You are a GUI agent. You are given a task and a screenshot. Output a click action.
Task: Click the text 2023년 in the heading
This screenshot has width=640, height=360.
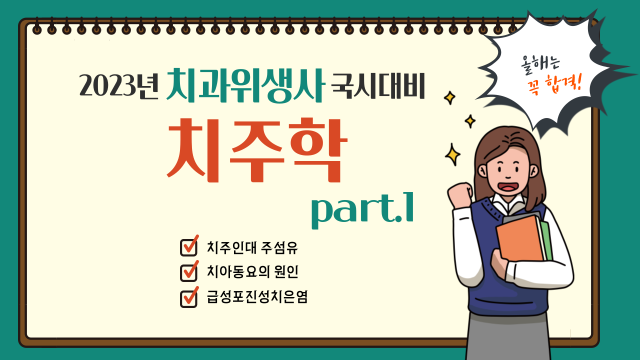point(119,85)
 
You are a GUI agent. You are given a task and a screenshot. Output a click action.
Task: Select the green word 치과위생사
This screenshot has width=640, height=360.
point(245,85)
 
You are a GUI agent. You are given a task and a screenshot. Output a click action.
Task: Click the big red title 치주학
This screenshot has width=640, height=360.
point(257,150)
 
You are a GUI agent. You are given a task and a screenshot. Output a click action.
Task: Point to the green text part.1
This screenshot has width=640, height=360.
point(362,210)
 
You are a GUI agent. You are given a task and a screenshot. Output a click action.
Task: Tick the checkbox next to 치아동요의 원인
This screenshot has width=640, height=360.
point(189,271)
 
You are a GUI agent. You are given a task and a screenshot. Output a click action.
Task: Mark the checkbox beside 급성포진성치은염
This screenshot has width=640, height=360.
point(189,297)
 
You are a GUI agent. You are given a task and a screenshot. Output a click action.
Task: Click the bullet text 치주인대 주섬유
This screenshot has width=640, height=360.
point(252,247)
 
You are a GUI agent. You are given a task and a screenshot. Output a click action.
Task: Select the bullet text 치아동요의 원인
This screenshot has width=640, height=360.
point(252,271)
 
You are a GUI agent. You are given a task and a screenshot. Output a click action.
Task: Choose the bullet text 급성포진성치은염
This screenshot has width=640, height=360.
point(257,296)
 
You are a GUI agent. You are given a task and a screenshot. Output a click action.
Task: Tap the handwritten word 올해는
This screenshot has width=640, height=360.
point(540,65)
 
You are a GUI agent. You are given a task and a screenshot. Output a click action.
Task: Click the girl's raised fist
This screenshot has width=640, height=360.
point(460,195)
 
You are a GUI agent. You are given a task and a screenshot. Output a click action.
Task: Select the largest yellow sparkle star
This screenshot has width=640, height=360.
point(452,154)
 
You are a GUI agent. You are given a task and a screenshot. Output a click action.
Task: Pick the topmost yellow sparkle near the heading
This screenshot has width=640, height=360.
point(449,97)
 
